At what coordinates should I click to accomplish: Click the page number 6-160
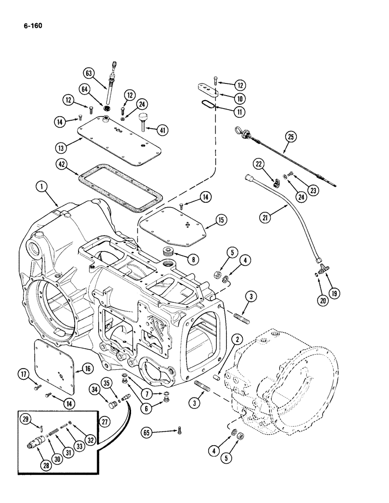(x=31, y=23)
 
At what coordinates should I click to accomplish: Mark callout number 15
(x=222, y=220)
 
